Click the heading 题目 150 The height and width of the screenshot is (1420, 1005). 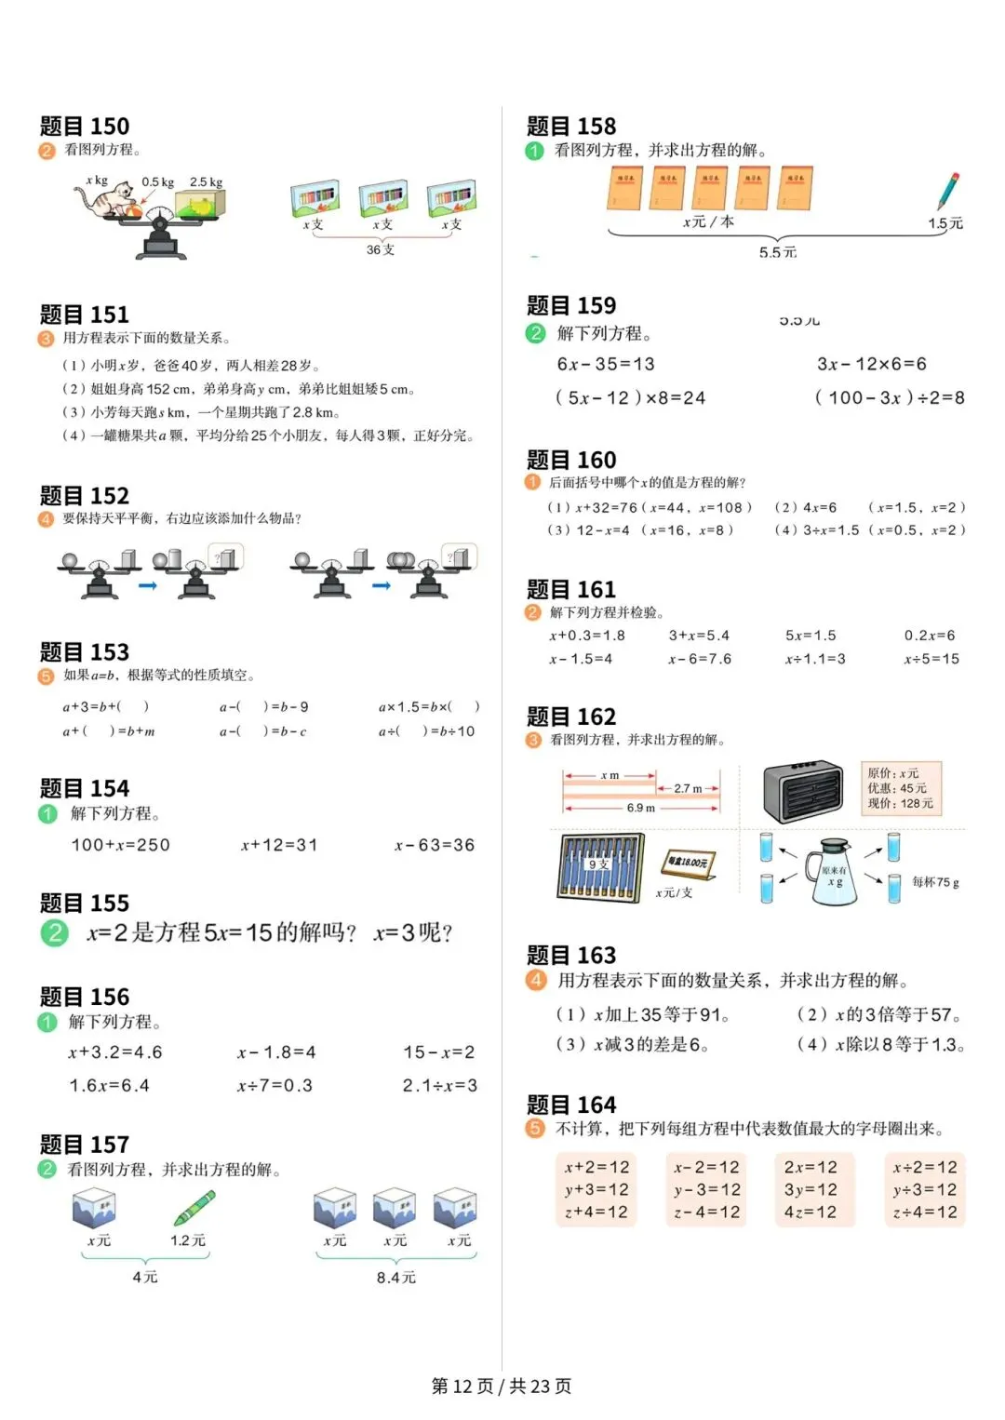pyautogui.click(x=85, y=127)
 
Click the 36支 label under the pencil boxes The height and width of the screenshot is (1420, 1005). pyautogui.click(x=380, y=249)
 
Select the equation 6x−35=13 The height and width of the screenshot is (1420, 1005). pyautogui.click(x=605, y=364)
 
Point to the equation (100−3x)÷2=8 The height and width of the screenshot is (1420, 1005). pyautogui.click(x=890, y=397)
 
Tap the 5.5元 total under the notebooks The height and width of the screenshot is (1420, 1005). pyautogui.click(x=777, y=252)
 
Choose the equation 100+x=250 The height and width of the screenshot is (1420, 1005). pyautogui.click(x=121, y=845)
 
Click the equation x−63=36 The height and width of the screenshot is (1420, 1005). pyautogui.click(x=435, y=845)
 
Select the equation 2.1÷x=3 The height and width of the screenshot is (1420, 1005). pyautogui.click(x=439, y=1085)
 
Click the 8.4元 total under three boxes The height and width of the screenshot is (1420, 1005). pyautogui.click(x=395, y=1278)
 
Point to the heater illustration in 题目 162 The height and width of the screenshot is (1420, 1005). pyautogui.click(x=802, y=792)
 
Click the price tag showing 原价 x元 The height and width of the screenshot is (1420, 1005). pyautogui.click(x=900, y=788)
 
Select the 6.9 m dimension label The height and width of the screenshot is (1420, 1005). pyautogui.click(x=640, y=808)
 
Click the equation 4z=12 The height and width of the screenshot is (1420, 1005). pyautogui.click(x=810, y=1212)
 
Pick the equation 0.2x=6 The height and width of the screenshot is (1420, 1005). pyautogui.click(x=930, y=636)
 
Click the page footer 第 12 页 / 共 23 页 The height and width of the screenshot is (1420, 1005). pyautogui.click(x=502, y=1386)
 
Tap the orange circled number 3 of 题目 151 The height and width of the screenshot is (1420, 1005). pyautogui.click(x=46, y=339)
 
